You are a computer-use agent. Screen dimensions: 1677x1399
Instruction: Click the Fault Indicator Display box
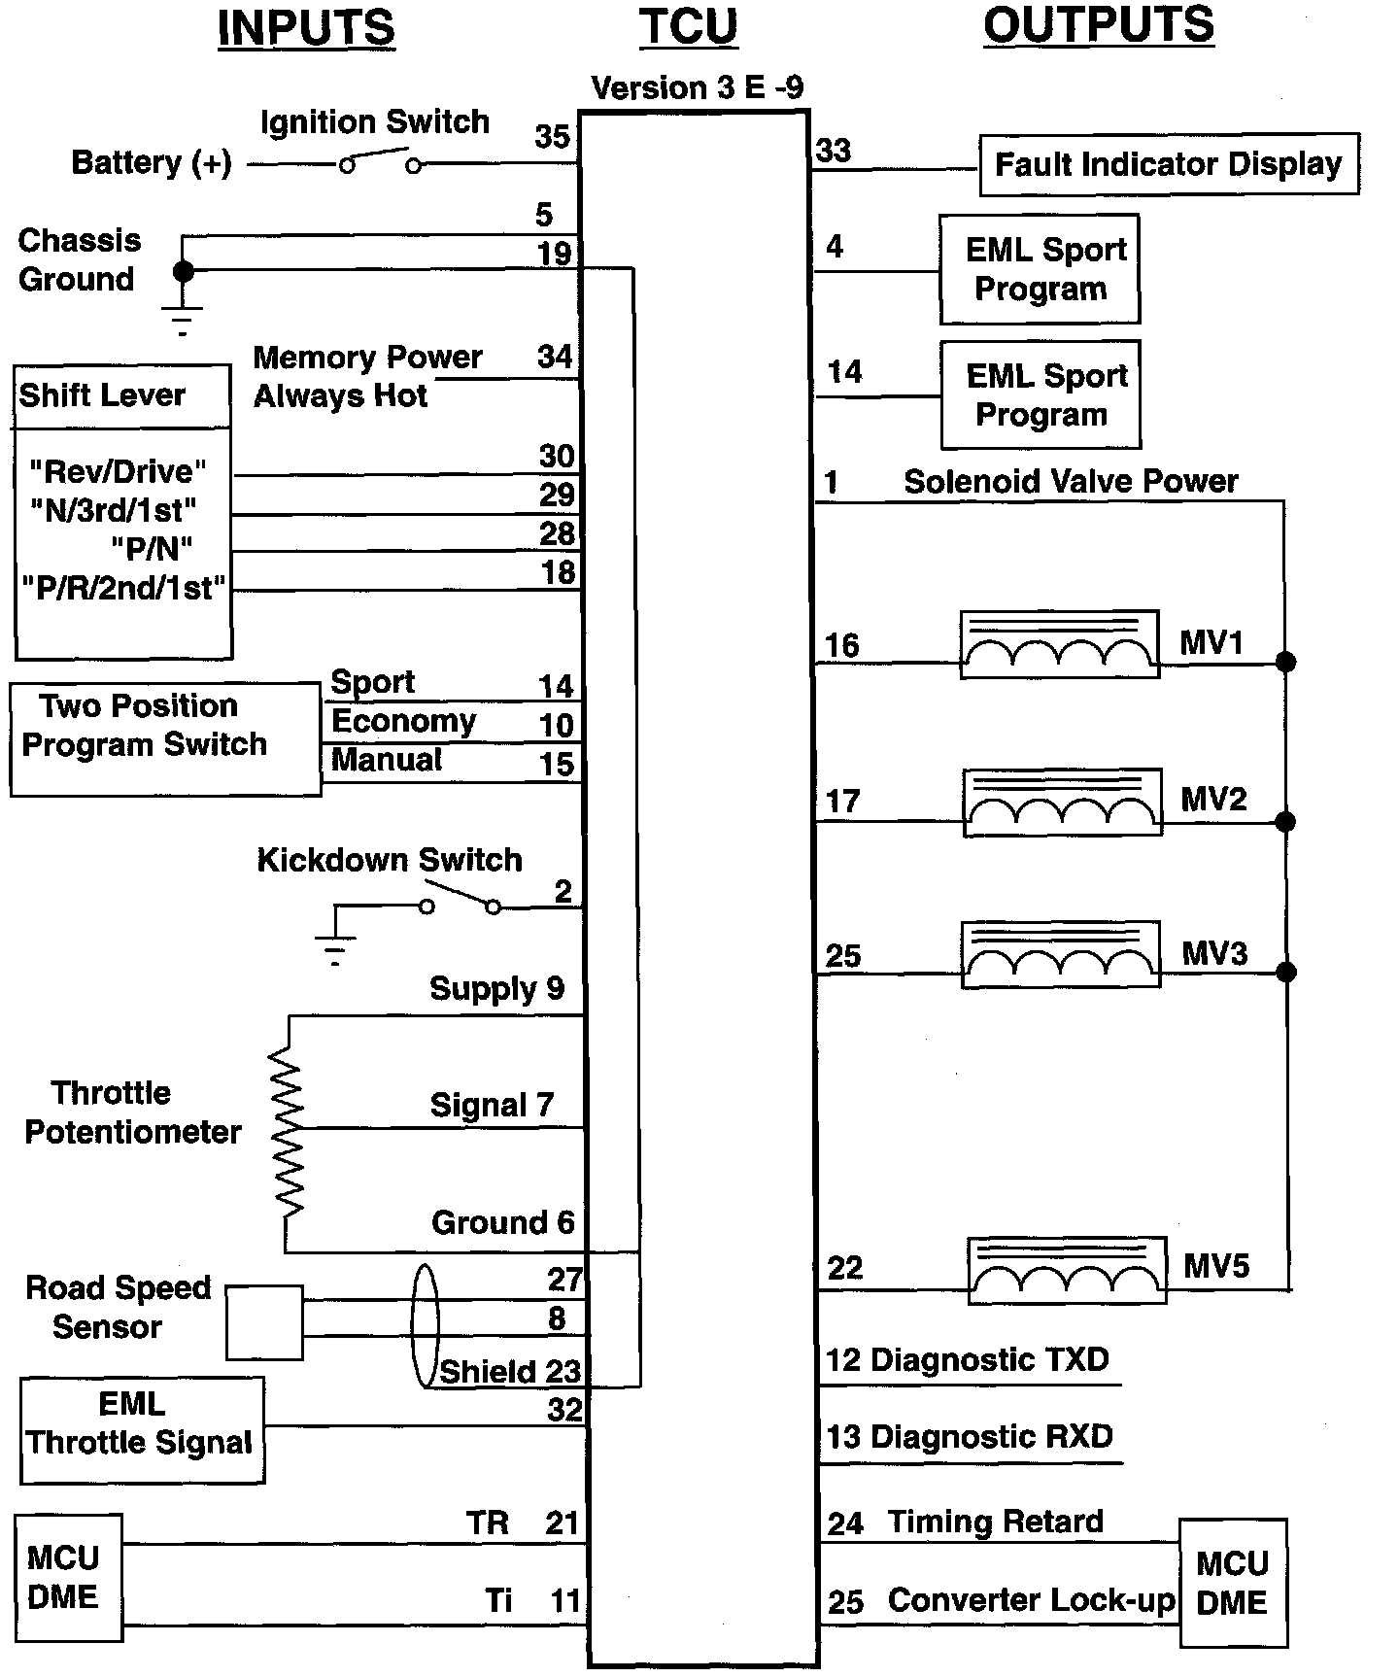click(1168, 164)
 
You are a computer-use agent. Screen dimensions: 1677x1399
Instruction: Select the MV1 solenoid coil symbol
click(1059, 644)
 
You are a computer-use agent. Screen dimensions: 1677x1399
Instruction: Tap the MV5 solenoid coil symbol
click(1067, 1270)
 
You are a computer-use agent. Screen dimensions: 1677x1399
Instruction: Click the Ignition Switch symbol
click(380, 160)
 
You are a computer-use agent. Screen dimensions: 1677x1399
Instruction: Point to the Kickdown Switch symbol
click(460, 900)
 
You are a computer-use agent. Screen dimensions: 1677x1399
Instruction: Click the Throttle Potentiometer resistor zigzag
click(288, 1132)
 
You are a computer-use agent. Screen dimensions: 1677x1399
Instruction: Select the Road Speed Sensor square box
click(264, 1322)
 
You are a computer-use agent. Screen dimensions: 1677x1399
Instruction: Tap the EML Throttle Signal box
click(142, 1430)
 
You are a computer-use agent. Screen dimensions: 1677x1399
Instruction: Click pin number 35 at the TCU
click(552, 136)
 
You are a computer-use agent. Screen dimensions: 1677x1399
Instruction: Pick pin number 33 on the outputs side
click(834, 151)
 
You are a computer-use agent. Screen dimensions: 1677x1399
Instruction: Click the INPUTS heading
click(306, 28)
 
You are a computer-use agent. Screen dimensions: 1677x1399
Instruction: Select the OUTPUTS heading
click(1098, 25)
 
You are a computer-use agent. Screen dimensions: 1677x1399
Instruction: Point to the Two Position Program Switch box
click(165, 739)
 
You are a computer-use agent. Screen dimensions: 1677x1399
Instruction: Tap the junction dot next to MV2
click(1285, 822)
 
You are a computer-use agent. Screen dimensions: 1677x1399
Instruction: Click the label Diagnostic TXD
click(989, 1359)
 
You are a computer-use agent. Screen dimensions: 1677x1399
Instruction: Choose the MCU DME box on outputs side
click(1233, 1583)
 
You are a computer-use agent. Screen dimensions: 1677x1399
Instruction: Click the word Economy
click(403, 721)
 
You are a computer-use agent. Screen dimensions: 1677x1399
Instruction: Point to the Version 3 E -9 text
click(697, 88)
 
